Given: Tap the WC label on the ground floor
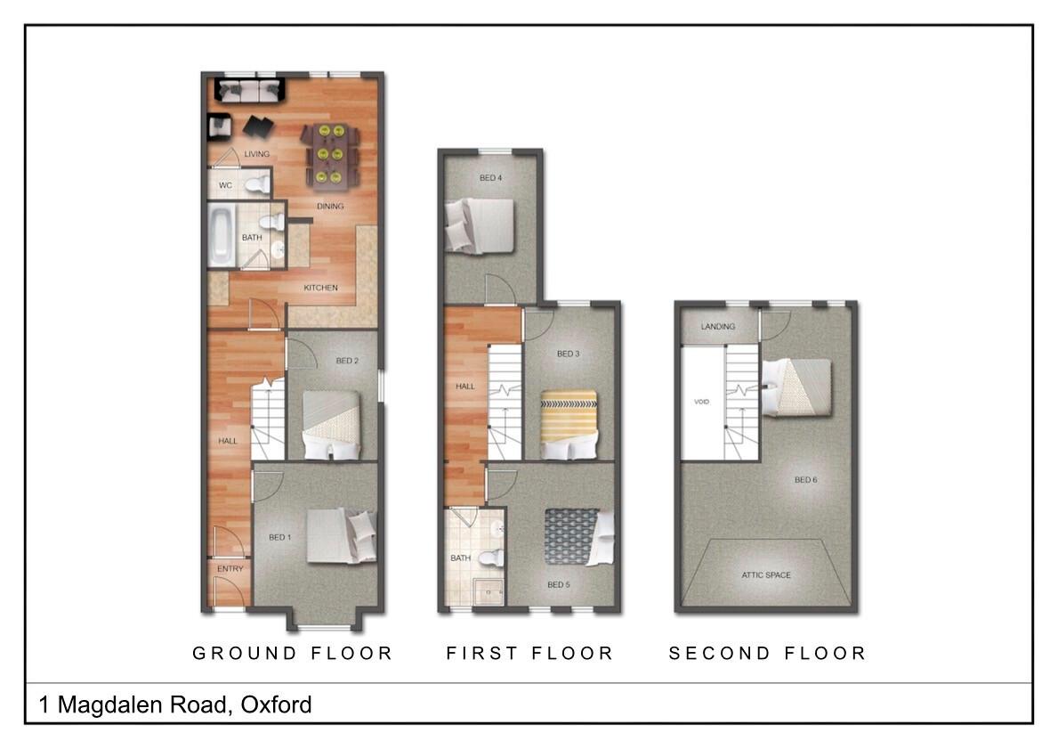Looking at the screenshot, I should [x=226, y=186].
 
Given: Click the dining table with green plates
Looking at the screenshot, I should [x=330, y=155].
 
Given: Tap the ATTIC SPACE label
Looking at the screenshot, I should [x=766, y=575].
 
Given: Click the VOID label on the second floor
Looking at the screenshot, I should [x=701, y=403].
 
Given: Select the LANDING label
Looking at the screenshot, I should [x=718, y=327].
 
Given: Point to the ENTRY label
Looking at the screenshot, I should [x=230, y=569].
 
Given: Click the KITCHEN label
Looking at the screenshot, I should [x=321, y=288].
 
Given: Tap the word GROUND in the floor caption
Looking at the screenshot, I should [x=245, y=654].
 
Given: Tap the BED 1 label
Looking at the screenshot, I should [x=279, y=537].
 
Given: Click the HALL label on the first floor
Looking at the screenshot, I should [x=465, y=387].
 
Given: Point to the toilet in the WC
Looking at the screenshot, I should [x=256, y=184].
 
